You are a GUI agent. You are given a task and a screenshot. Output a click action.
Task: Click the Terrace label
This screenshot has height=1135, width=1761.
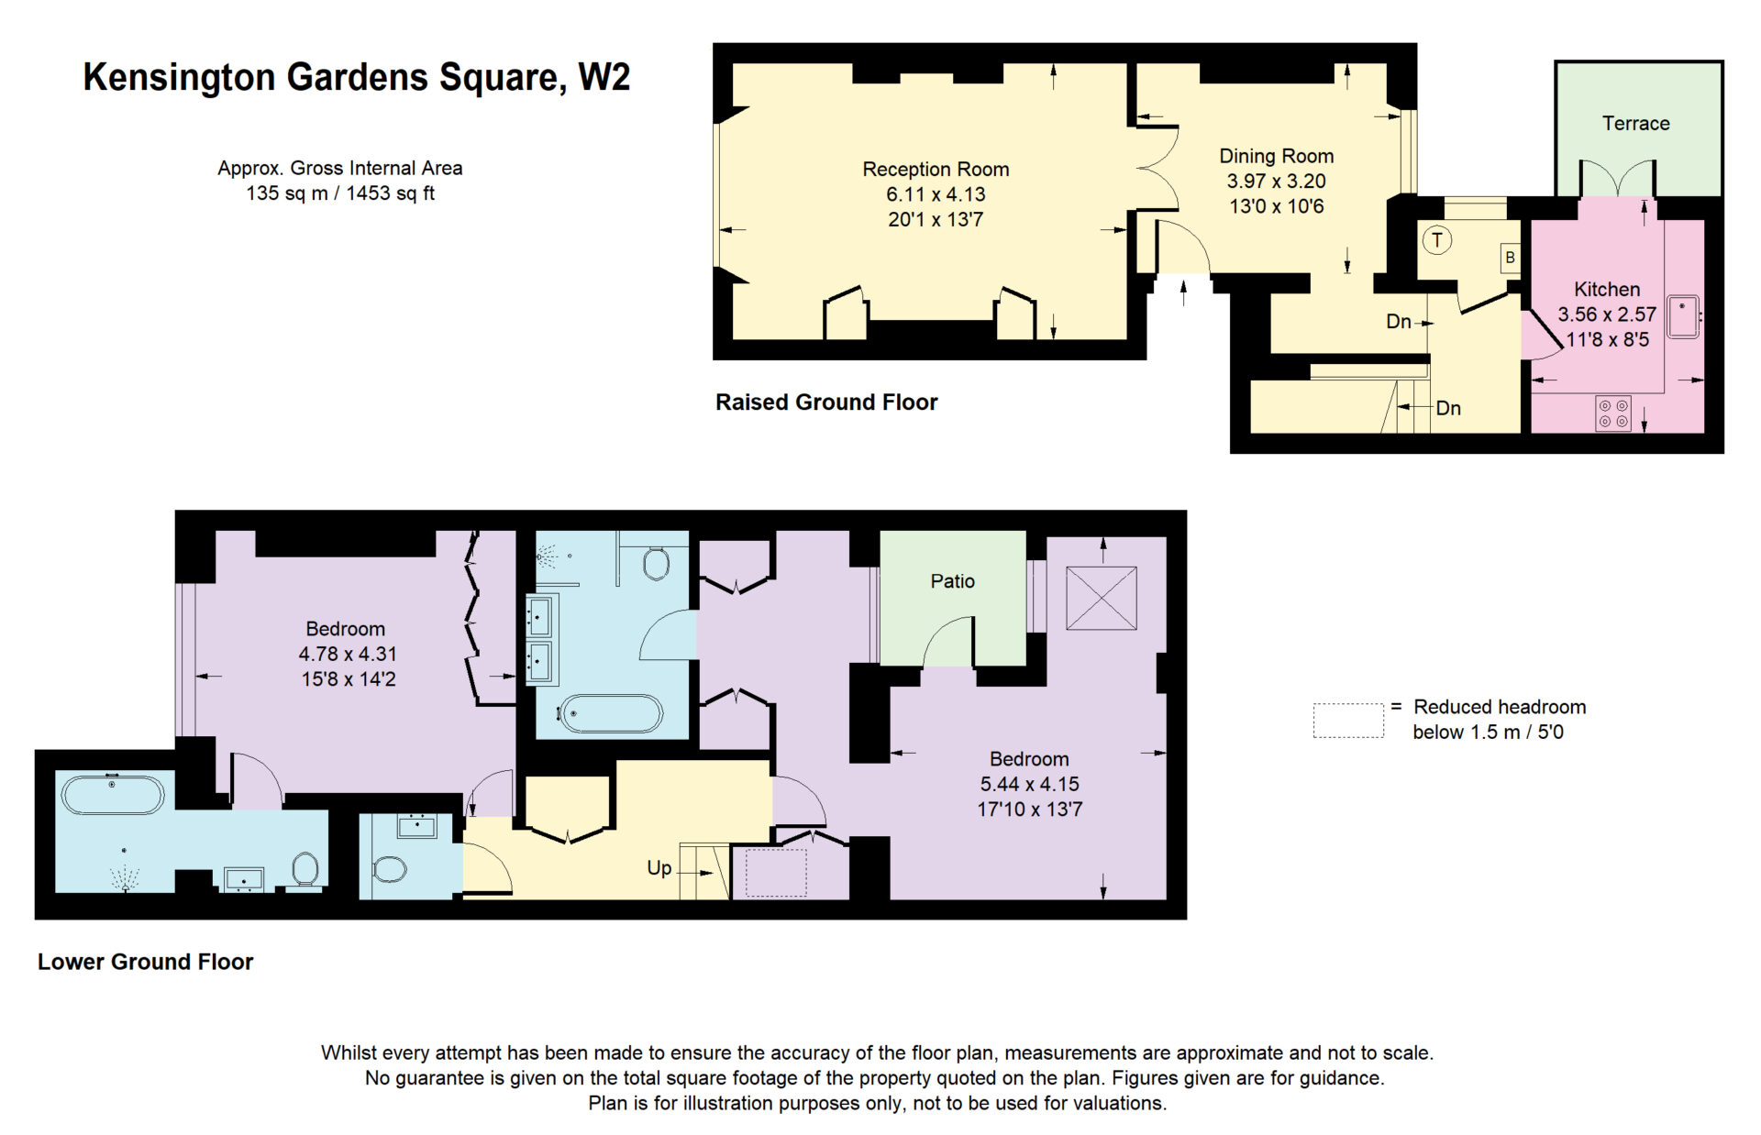pyautogui.click(x=1635, y=124)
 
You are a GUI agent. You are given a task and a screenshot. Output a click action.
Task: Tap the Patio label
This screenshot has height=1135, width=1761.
pyautogui.click(x=952, y=581)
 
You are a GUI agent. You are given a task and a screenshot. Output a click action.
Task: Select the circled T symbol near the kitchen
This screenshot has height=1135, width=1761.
pyautogui.click(x=1436, y=241)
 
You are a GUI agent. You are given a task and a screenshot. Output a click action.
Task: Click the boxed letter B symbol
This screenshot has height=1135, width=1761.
pyautogui.click(x=1510, y=258)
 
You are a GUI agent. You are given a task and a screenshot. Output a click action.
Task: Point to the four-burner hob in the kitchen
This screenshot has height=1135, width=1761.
pyautogui.click(x=1613, y=413)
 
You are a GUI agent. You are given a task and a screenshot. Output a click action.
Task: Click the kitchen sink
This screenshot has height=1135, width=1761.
pyautogui.click(x=1683, y=316)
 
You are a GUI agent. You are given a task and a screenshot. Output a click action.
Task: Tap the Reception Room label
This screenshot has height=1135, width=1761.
pyautogui.click(x=936, y=170)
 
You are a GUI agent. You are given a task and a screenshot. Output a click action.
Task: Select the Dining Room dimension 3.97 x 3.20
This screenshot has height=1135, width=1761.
pyautogui.click(x=1276, y=182)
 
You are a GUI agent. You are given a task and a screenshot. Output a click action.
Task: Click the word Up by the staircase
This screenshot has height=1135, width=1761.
pyautogui.click(x=659, y=868)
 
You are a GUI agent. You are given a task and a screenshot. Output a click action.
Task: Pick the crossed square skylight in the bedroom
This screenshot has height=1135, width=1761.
pyautogui.click(x=1101, y=598)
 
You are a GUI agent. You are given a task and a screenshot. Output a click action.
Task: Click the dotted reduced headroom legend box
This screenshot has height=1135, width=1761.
pyautogui.click(x=1348, y=721)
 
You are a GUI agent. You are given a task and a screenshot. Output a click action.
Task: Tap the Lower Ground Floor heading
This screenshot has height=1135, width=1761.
pyautogui.click(x=145, y=962)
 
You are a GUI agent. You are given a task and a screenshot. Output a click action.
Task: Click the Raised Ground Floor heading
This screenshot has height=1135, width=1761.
pyautogui.click(x=826, y=402)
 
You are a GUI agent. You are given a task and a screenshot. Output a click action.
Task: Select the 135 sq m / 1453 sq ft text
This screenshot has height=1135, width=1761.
pyautogui.click(x=340, y=193)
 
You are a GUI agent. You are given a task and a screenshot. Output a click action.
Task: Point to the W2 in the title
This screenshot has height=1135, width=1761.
pyautogui.click(x=604, y=77)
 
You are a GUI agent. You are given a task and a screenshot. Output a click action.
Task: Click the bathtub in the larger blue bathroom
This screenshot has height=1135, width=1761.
pyautogui.click(x=610, y=713)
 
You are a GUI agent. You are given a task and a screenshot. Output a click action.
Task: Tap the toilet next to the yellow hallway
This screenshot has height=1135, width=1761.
pyautogui.click(x=389, y=868)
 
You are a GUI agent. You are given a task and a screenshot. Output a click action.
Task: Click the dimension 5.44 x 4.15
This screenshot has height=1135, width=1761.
pyautogui.click(x=1029, y=785)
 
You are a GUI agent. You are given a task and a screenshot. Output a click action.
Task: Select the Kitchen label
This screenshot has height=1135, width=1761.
pyautogui.click(x=1607, y=290)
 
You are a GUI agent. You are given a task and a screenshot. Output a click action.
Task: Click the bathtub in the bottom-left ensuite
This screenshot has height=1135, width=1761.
pyautogui.click(x=113, y=794)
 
